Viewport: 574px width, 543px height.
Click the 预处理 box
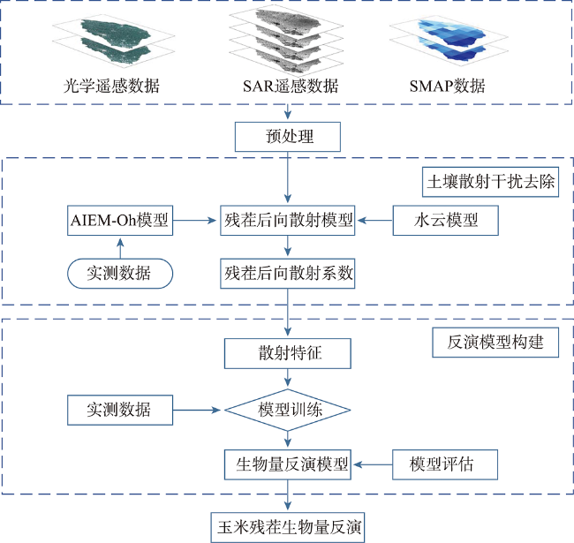(x=288, y=137)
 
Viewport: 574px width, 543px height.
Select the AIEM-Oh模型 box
(x=120, y=220)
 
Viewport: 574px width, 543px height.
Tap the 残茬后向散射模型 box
(x=288, y=220)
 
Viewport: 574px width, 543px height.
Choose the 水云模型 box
(x=445, y=220)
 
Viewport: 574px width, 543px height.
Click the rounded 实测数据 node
(x=120, y=274)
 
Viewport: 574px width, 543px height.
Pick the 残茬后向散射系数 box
(x=288, y=274)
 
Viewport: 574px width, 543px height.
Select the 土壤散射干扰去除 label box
(x=490, y=182)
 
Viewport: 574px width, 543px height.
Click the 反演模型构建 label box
(x=495, y=342)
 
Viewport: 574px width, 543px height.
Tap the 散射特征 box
(x=288, y=353)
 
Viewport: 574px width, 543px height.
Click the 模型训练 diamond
(x=288, y=410)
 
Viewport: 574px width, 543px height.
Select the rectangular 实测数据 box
(x=120, y=410)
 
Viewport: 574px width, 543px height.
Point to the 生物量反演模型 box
(x=288, y=464)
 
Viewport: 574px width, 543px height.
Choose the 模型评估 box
(x=445, y=464)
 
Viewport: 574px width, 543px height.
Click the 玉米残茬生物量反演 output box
(x=288, y=527)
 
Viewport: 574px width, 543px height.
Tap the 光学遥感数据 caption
(x=111, y=86)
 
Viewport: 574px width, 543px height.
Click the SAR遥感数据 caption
(x=291, y=86)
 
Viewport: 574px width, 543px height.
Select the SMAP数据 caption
(x=448, y=86)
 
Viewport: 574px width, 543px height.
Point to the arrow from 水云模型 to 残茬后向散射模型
(x=375, y=220)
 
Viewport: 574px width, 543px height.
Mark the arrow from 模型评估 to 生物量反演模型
(x=373, y=464)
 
